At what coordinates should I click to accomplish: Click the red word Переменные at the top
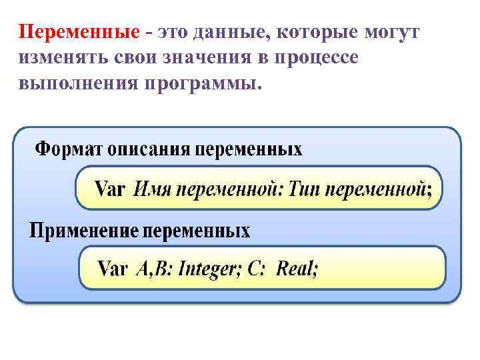(x=79, y=33)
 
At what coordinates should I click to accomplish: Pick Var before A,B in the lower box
(x=113, y=269)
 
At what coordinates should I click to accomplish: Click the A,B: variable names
(x=153, y=269)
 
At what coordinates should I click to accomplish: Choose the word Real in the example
(x=297, y=269)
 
